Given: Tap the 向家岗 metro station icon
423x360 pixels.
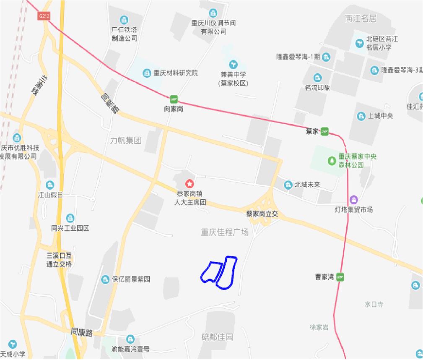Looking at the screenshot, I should (x=174, y=99).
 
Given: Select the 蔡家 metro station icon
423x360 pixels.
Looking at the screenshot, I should (x=324, y=132).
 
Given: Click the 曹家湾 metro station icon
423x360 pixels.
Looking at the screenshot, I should (x=340, y=277).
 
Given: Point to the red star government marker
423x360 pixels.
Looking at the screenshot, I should (x=189, y=184).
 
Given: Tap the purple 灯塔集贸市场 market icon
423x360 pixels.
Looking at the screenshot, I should (x=353, y=199).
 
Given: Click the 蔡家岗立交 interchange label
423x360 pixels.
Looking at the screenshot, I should (x=262, y=214).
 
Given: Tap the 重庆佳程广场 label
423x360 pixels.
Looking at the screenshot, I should (x=225, y=232).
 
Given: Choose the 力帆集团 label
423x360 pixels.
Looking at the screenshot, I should (x=125, y=141).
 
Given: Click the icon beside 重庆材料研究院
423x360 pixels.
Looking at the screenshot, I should (x=146, y=73).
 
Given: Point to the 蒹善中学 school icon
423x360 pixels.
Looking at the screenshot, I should (x=233, y=64).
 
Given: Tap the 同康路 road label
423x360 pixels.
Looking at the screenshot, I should (x=81, y=331).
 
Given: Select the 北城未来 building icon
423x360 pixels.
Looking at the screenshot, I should (x=288, y=185).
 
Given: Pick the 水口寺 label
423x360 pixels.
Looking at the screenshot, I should (x=374, y=304).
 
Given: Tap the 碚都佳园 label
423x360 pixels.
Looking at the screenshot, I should (x=217, y=337).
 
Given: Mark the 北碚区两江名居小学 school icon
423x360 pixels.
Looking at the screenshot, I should (x=359, y=42).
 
